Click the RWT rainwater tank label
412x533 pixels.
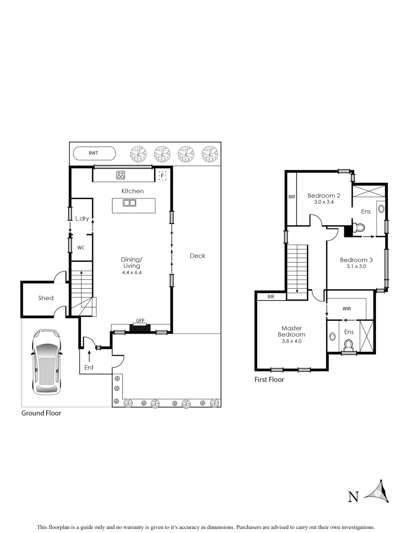(x=93, y=153)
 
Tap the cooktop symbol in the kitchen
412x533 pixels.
(x=121, y=175)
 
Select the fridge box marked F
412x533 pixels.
(x=162, y=175)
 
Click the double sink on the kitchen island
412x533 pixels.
(x=130, y=202)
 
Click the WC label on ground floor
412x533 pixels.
(x=81, y=248)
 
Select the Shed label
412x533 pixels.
(x=46, y=298)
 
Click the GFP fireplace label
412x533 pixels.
(x=140, y=321)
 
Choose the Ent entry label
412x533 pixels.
(x=89, y=368)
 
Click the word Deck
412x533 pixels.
(x=197, y=256)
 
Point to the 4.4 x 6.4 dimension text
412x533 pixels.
(x=132, y=272)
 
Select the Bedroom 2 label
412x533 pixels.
(x=324, y=195)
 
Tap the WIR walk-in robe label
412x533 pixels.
(x=346, y=308)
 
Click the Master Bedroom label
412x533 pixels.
(x=291, y=331)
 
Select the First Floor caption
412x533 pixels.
(x=269, y=380)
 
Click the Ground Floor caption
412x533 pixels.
(x=41, y=413)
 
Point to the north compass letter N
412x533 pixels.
(x=353, y=497)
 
